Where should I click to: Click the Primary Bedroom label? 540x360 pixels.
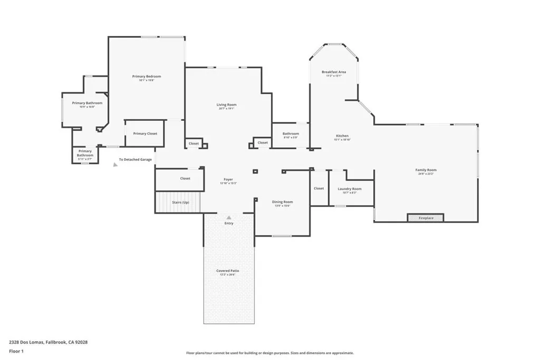tap(146, 76)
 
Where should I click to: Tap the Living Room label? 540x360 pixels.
tap(227, 105)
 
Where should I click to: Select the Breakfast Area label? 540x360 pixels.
tap(334, 72)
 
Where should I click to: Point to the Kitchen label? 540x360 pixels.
tap(342, 136)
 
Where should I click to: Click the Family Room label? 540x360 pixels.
tap(426, 170)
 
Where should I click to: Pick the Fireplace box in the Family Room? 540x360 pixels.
tap(426, 218)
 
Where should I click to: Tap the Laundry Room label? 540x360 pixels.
tap(350, 189)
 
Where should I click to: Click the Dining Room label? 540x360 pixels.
tap(282, 202)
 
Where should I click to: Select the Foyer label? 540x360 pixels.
tap(228, 180)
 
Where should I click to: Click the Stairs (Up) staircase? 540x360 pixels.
tap(179, 202)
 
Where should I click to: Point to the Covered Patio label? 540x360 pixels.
tap(227, 271)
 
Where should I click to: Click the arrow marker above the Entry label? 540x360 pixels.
tap(229, 217)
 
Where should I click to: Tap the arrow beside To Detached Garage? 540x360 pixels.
tap(115, 164)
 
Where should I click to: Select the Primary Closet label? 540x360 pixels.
tap(145, 133)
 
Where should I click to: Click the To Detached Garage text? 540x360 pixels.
tap(135, 159)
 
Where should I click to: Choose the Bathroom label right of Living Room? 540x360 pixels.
tap(291, 134)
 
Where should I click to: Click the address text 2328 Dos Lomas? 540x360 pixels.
tap(48, 342)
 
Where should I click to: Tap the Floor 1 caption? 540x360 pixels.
tap(16, 351)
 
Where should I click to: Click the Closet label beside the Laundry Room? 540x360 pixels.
tap(319, 188)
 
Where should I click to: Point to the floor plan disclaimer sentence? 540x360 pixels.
tap(269, 353)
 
